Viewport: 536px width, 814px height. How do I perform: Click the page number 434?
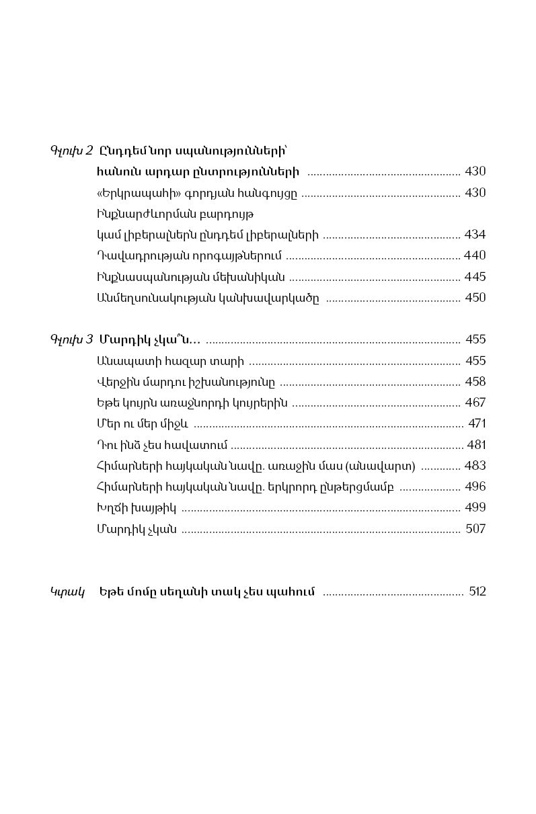click(x=475, y=235)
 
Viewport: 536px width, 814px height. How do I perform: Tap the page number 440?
click(x=475, y=255)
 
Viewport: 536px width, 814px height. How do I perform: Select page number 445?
click(x=475, y=276)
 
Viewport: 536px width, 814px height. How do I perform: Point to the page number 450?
click(x=475, y=297)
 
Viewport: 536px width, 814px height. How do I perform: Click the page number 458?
click(x=475, y=381)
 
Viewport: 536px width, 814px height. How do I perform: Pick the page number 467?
click(x=475, y=403)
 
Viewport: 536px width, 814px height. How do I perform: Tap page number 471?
click(x=477, y=423)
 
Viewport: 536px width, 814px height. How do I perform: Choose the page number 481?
click(x=475, y=444)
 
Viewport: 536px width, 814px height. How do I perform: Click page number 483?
click(x=475, y=465)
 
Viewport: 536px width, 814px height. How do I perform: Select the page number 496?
click(x=475, y=486)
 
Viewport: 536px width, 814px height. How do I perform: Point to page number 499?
click(x=475, y=507)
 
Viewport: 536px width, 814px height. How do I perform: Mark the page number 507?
click(x=475, y=528)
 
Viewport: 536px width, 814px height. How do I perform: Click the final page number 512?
click(x=477, y=592)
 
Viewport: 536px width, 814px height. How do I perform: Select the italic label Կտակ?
click(x=67, y=592)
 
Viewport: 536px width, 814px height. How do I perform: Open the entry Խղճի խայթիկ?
click(x=137, y=507)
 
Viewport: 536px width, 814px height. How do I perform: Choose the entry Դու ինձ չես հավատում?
click(x=162, y=445)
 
